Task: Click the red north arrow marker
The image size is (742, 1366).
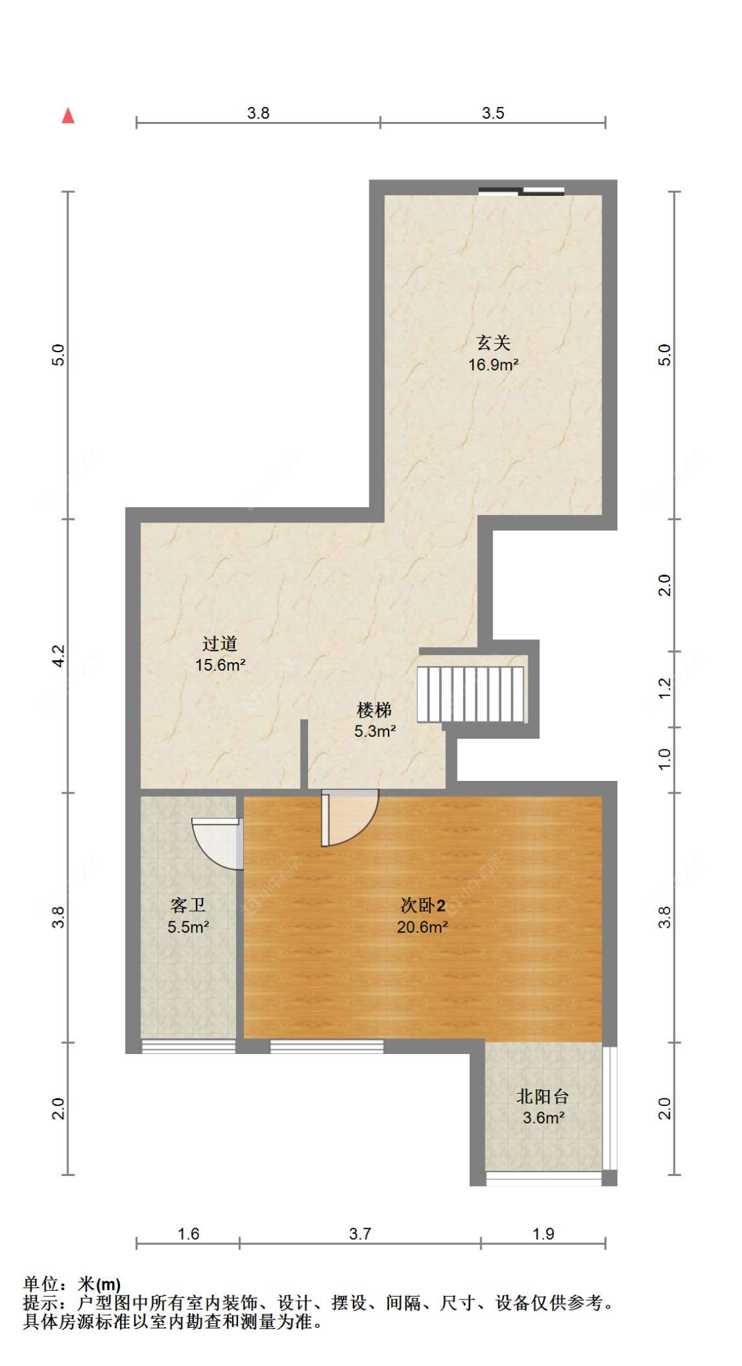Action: click(68, 115)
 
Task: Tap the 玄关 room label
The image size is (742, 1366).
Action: click(493, 342)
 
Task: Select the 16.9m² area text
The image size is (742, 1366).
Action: click(493, 365)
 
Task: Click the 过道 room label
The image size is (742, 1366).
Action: click(220, 643)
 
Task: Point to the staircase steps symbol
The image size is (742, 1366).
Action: click(471, 694)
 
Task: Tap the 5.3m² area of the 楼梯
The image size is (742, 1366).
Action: click(375, 731)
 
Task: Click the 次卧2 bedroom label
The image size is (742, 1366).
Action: click(423, 905)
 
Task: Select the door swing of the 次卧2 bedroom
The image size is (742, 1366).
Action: click(350, 818)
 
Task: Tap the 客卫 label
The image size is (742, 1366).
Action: click(188, 905)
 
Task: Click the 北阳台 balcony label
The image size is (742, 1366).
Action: click(543, 1096)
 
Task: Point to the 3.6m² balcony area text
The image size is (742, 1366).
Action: click(543, 1118)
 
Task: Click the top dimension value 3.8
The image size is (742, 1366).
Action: click(259, 113)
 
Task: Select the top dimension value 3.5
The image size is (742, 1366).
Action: click(493, 113)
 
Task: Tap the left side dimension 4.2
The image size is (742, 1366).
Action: click(59, 656)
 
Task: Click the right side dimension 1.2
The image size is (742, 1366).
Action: click(665, 689)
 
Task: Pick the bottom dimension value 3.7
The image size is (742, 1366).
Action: click(360, 1233)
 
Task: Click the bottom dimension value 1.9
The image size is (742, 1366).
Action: click(543, 1233)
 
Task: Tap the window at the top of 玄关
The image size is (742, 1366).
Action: click(521, 191)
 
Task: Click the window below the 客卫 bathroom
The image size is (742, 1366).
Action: click(189, 1046)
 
